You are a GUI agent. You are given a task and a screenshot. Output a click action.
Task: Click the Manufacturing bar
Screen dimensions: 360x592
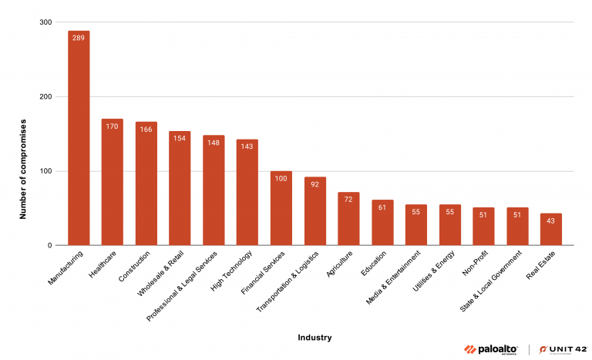click(x=79, y=139)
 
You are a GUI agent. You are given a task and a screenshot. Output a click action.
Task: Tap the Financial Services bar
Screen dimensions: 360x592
click(x=281, y=208)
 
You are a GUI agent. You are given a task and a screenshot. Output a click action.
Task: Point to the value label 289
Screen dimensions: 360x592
click(x=79, y=38)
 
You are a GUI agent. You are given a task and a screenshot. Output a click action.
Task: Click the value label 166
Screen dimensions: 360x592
click(x=146, y=129)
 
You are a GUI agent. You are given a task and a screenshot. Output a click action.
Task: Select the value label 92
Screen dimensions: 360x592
click(x=315, y=184)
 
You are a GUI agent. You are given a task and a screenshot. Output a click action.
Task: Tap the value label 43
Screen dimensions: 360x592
click(x=551, y=220)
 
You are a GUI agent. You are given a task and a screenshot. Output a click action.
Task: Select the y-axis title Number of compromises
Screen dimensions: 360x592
click(x=23, y=169)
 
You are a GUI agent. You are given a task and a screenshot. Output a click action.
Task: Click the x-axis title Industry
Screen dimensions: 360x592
click(x=314, y=336)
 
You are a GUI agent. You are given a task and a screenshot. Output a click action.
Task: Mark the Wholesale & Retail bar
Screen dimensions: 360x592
click(x=180, y=188)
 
